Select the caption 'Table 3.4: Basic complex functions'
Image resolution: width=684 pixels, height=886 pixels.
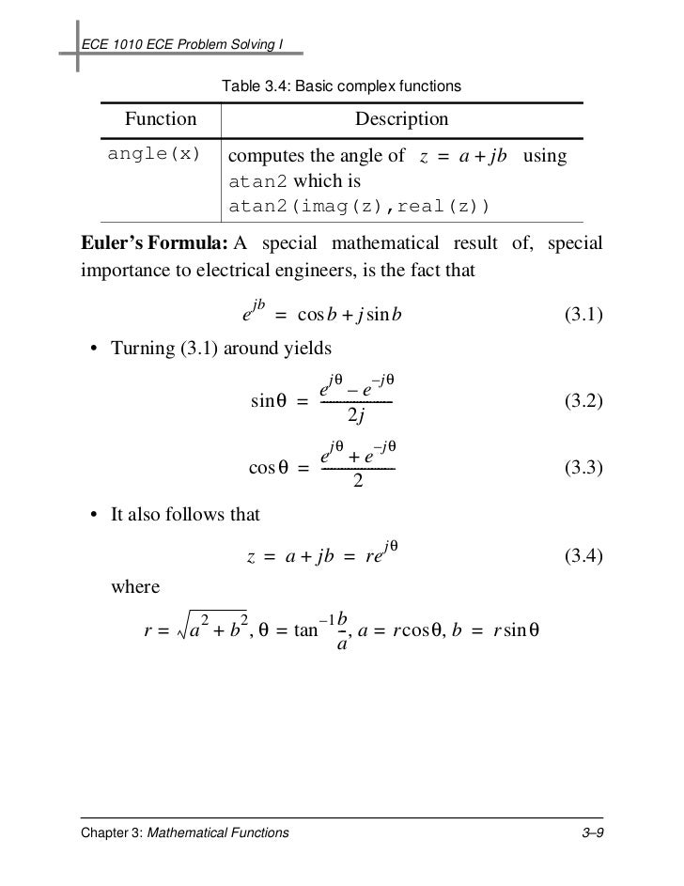[340, 86]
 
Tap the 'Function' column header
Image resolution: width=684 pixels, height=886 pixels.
[161, 119]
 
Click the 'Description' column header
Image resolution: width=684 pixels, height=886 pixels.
[401, 119]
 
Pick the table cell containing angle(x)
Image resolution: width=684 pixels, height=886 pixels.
[154, 155]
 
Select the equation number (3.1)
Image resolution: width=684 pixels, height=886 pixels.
[583, 314]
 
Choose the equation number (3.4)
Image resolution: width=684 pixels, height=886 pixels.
[583, 557]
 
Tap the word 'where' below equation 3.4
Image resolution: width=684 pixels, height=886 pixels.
[135, 588]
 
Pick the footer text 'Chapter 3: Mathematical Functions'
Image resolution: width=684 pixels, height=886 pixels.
[185, 832]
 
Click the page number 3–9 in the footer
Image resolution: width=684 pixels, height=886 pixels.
[589, 832]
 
